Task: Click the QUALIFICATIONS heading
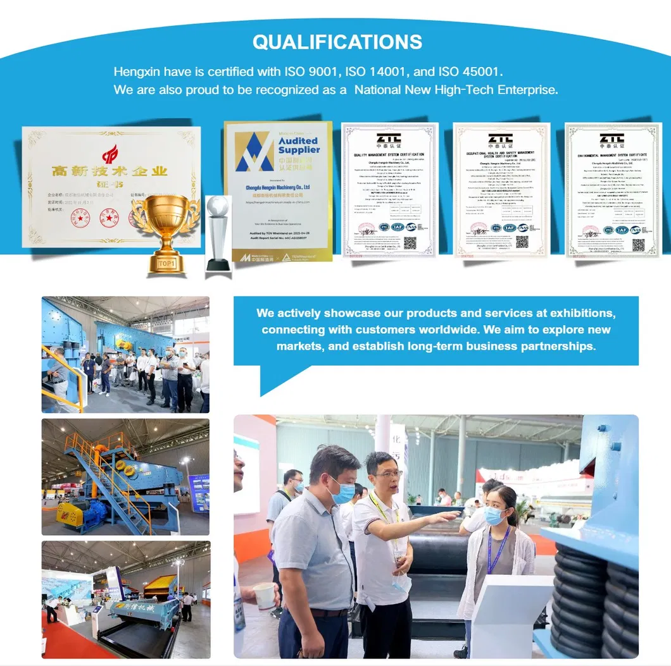(337, 42)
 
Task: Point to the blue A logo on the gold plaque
(254, 152)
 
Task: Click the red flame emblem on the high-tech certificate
(111, 152)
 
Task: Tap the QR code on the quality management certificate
(410, 242)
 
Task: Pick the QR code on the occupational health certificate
(522, 242)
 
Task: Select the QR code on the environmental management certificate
(637, 245)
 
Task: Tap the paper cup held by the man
(265, 595)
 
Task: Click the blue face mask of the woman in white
(494, 515)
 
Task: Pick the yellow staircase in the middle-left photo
(104, 474)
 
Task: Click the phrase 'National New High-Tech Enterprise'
(456, 90)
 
